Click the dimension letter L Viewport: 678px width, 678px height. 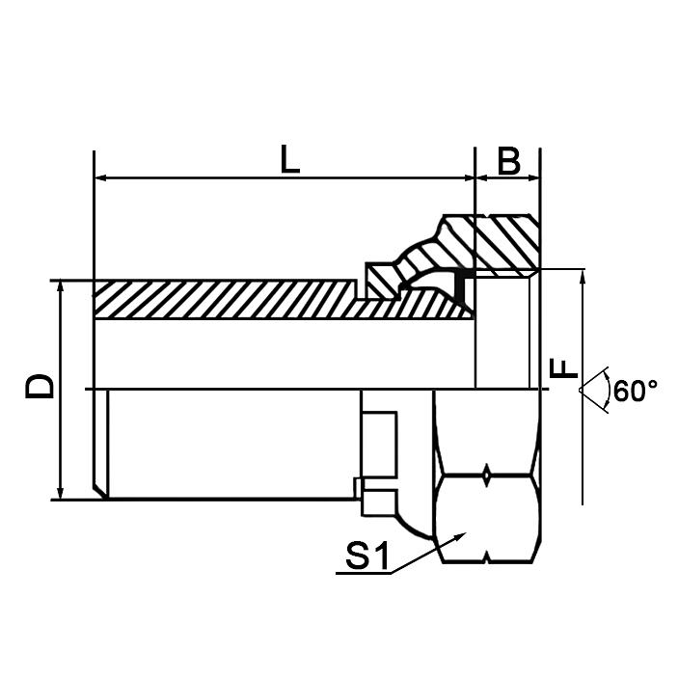289,159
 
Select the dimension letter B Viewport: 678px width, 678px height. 509,160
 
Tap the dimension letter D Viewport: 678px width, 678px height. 40,387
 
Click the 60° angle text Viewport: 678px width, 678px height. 635,391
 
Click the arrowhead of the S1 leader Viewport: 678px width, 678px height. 461,533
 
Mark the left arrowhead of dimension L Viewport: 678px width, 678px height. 100,178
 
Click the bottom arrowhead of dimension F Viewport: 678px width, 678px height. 583,498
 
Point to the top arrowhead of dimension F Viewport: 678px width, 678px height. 583,276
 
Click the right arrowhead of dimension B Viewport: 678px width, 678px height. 533,178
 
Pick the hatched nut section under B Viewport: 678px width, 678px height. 503,246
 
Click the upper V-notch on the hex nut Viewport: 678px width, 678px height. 487,475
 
